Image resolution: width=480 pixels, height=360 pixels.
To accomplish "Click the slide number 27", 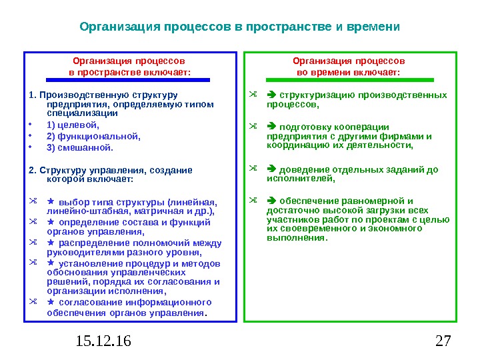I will pos(443,342).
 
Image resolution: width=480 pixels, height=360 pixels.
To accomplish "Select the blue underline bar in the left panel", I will pos(129,79).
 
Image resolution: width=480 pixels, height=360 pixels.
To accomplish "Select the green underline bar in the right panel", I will pos(348,79).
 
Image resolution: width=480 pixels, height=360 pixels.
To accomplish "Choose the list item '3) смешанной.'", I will pos(80,147).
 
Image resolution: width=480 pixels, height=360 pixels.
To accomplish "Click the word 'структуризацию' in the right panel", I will pos(316,95).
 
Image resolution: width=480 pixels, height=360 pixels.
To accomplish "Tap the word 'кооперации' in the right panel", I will pos(361,127).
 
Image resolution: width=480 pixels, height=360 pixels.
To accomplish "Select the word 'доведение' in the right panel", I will pos(301,169).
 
